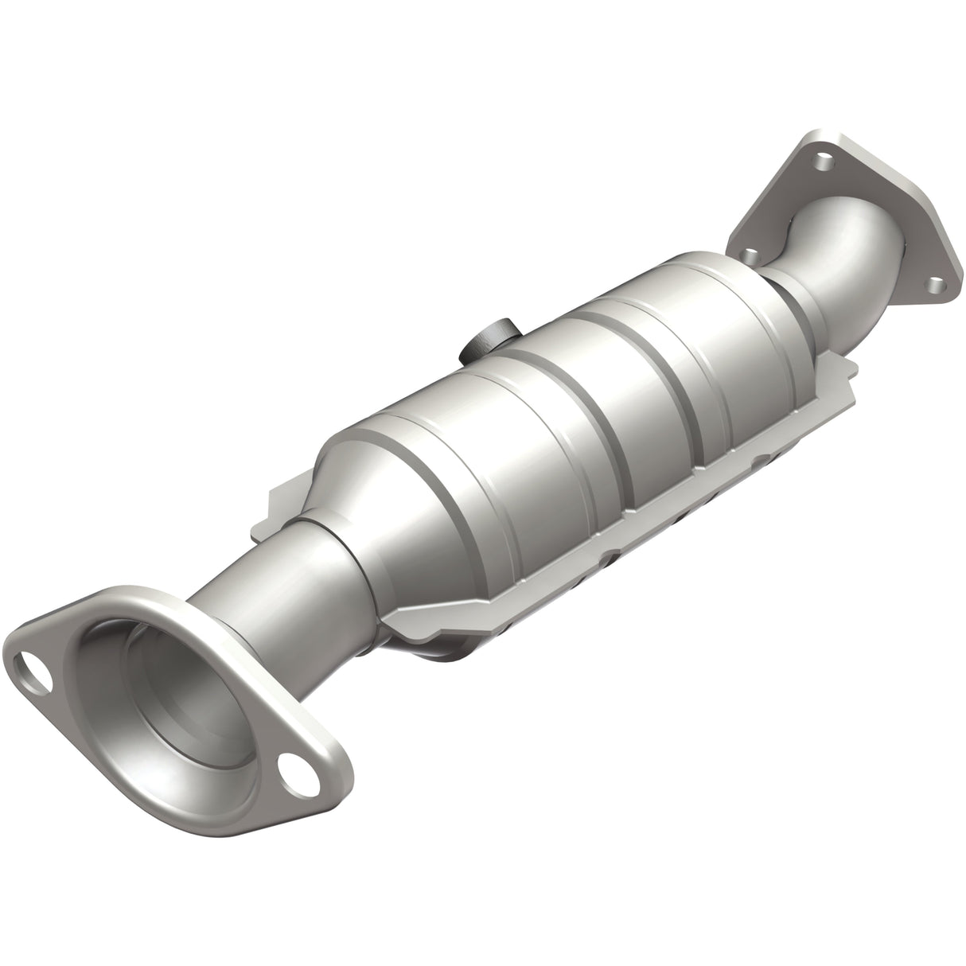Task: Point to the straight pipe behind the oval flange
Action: tap(263, 605)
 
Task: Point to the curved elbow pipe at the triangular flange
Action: tap(843, 255)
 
